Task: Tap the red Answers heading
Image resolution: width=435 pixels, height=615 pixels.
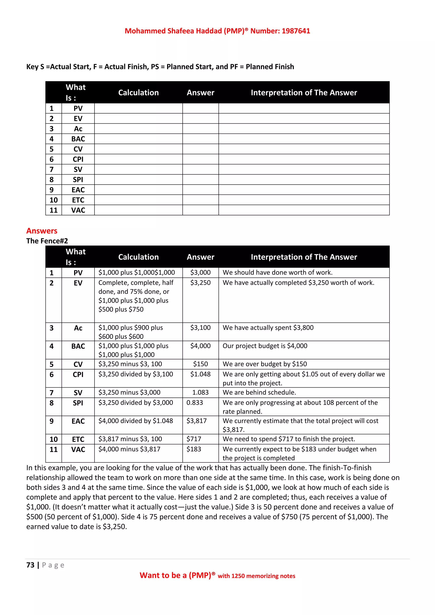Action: point(42,231)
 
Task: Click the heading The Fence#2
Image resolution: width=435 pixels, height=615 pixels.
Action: point(47,241)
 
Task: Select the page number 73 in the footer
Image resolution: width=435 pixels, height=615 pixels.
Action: point(30,565)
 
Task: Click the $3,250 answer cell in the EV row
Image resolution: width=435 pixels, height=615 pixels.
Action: point(200,283)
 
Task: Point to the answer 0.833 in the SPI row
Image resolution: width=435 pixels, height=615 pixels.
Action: point(195,403)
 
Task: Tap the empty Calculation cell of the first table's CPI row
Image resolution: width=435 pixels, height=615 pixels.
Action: point(138,159)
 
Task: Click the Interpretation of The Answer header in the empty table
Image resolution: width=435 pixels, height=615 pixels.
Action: point(304,93)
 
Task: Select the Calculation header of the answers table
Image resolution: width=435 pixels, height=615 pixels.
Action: point(138,257)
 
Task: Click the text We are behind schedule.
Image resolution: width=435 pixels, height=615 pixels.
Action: point(259,392)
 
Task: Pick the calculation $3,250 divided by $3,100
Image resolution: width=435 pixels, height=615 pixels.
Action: point(136,374)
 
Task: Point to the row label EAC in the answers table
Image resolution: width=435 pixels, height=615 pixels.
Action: point(78,421)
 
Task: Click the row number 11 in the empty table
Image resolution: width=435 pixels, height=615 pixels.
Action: point(54,210)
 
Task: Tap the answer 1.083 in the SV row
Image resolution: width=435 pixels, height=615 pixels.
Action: point(200,392)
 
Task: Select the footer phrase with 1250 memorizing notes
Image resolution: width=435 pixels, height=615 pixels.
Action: point(256,576)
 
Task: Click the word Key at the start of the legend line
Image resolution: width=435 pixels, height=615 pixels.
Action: point(32,67)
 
